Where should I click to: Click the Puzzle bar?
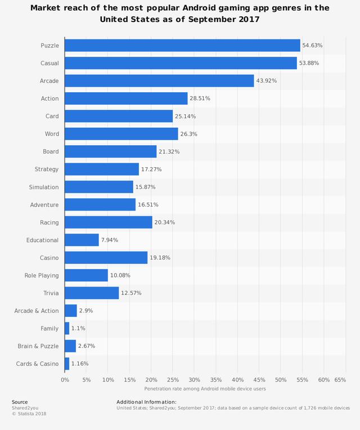click(182, 46)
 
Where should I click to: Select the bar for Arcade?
click(159, 81)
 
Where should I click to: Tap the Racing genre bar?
click(109, 222)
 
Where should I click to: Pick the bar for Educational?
click(82, 240)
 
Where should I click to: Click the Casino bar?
click(106, 258)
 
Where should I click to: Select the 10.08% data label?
click(120, 275)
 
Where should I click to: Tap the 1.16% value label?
click(80, 364)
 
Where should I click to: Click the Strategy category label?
click(47, 169)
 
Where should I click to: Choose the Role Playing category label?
click(42, 275)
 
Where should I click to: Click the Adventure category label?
click(44, 205)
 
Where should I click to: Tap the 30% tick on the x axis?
click(194, 380)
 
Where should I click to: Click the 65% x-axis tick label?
click(340, 380)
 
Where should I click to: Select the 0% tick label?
click(65, 380)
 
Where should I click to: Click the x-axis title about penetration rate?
click(204, 389)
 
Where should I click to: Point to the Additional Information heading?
click(146, 402)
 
